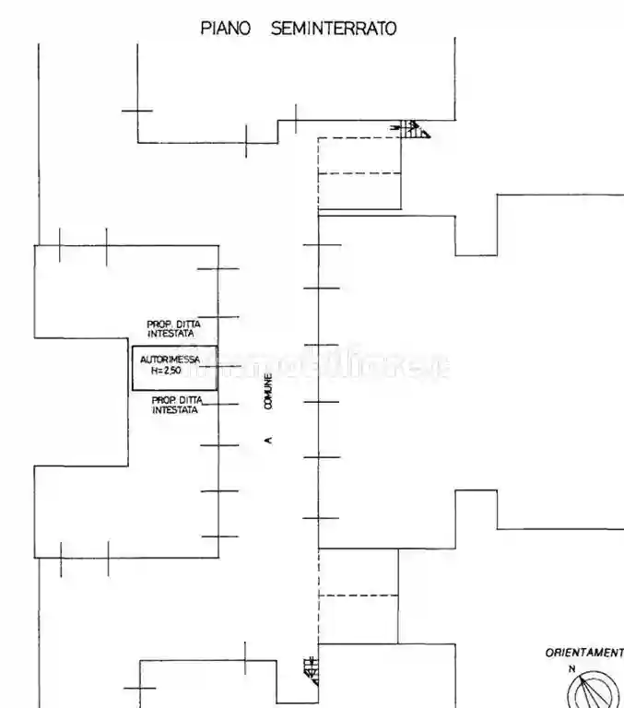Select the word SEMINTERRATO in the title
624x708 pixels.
pyautogui.click(x=334, y=29)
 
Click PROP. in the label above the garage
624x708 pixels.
pyautogui.click(x=160, y=324)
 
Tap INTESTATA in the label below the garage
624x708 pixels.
pyautogui.click(x=175, y=410)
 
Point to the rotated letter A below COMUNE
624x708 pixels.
pyautogui.click(x=268, y=441)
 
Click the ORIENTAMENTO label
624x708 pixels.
pyautogui.click(x=584, y=653)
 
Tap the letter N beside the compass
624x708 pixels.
pyautogui.click(x=571, y=668)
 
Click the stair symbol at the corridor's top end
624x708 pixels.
pyautogui.click(x=414, y=129)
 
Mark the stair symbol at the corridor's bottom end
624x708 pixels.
pyautogui.click(x=311, y=669)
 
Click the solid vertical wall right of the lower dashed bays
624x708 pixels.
pyautogui.click(x=398, y=595)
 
